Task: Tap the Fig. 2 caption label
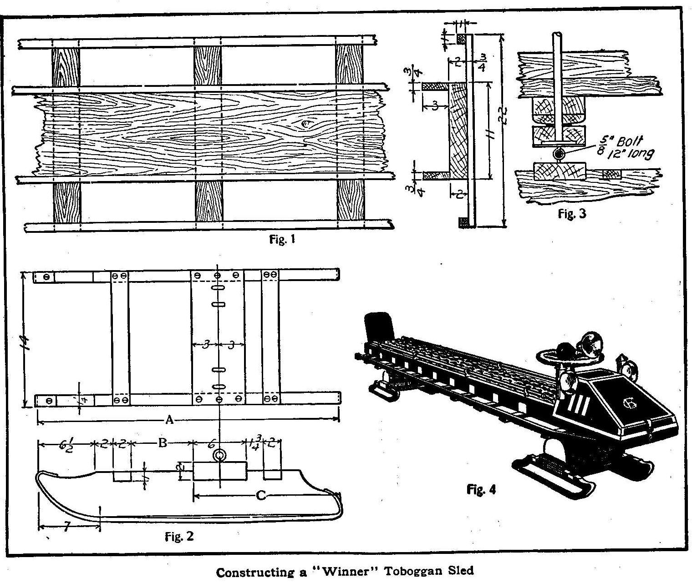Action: click(179, 537)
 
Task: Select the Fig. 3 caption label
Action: click(572, 214)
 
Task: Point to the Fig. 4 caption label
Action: click(481, 489)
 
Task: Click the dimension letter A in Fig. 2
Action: click(169, 420)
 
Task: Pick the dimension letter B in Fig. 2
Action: click(163, 442)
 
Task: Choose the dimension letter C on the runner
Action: click(260, 495)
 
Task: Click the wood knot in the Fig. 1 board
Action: click(303, 123)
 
